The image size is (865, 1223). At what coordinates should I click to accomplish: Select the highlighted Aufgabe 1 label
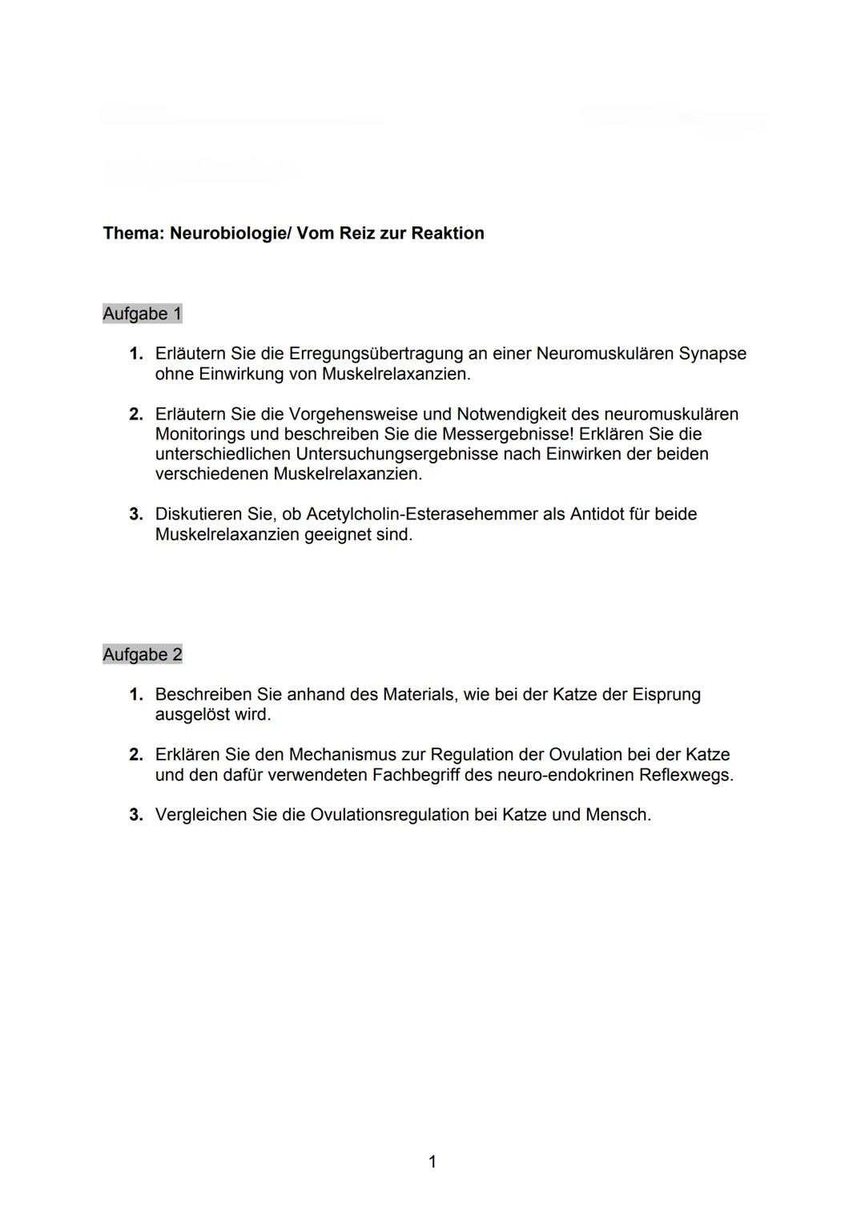pyautogui.click(x=143, y=314)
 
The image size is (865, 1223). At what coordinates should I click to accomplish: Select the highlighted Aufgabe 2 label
pyautogui.click(x=143, y=655)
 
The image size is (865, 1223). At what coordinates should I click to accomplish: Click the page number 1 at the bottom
pyautogui.click(x=432, y=1161)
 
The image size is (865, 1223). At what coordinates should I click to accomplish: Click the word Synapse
pyautogui.click(x=712, y=354)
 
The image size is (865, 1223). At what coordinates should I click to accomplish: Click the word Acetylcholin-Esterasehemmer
pyautogui.click(x=421, y=514)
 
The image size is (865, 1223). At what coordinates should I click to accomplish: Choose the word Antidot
pyautogui.click(x=598, y=514)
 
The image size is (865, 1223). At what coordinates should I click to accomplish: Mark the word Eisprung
pyautogui.click(x=666, y=695)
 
